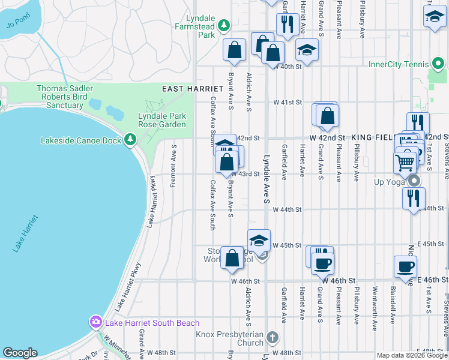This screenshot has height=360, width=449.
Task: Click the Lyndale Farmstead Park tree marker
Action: tap(223, 25)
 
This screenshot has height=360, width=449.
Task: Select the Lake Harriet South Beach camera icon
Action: tap(95, 322)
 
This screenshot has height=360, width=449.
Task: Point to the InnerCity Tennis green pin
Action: tap(439, 64)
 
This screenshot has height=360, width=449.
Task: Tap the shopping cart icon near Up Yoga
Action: tap(405, 161)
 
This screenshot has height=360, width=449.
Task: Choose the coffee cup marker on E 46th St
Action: tap(405, 266)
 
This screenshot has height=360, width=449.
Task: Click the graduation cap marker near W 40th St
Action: tap(307, 50)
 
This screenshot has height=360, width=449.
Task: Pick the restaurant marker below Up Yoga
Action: tap(414, 198)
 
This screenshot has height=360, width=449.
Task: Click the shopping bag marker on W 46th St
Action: tap(232, 258)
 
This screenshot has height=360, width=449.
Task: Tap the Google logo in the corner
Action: tap(20, 353)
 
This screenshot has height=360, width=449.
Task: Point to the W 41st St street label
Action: tap(286, 103)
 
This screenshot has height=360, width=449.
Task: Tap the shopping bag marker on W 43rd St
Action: tap(226, 162)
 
